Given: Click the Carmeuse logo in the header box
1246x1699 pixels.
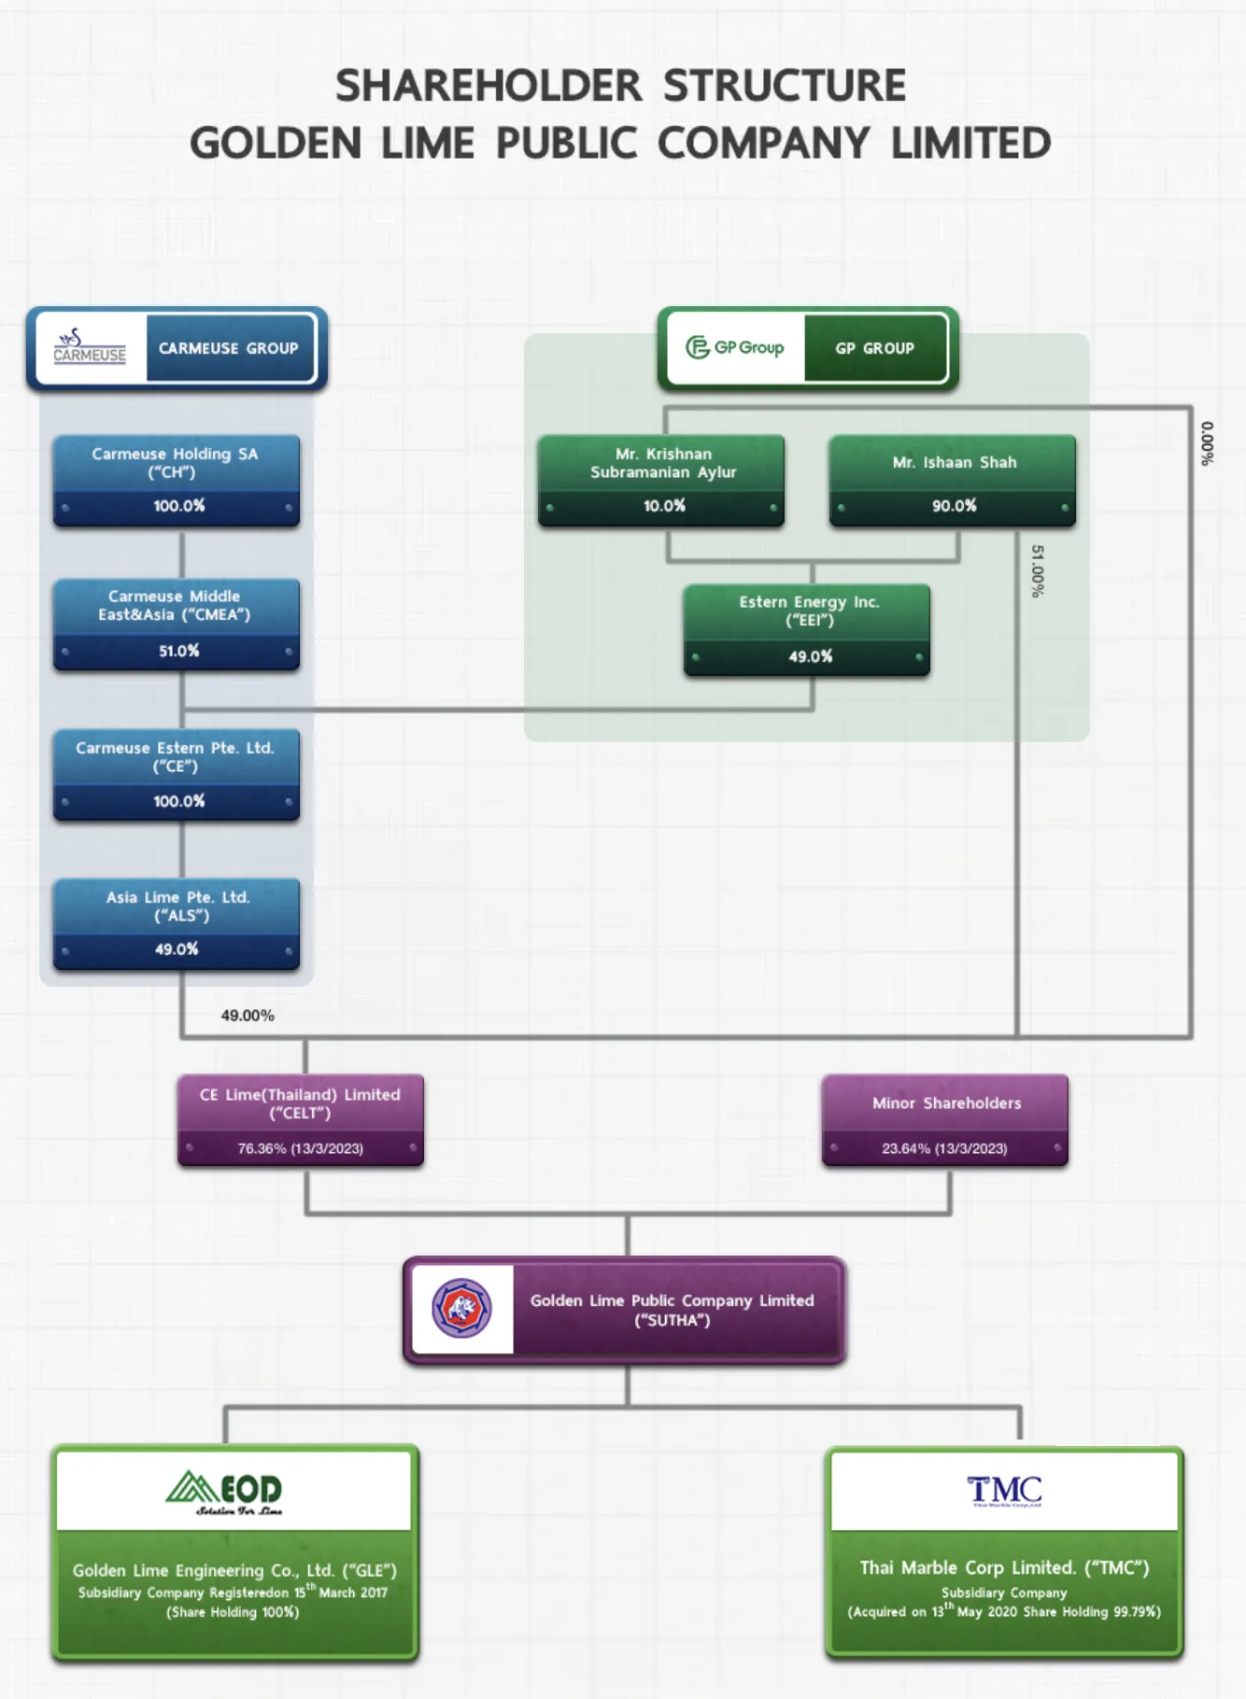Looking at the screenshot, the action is coord(90,346).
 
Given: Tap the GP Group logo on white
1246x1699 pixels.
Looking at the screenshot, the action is coord(735,347).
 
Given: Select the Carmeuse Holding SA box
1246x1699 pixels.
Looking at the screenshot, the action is coord(177,481).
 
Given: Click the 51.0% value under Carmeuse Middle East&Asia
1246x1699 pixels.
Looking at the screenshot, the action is coord(178,651).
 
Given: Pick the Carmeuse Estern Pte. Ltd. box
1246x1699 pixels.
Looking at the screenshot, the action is coord(177,775).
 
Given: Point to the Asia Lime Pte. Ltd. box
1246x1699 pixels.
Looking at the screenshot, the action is coord(177,924).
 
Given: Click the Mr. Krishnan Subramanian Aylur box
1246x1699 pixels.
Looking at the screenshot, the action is coord(661,481).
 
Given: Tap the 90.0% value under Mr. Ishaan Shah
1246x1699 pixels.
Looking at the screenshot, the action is coord(954,505).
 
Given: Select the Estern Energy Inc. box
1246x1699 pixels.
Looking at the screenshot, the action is coord(807,630).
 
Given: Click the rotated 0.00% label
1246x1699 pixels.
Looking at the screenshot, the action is coord(1207,443).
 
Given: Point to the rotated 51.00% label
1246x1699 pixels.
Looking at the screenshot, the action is coord(1037,571).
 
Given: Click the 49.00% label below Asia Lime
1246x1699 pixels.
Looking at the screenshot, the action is coord(248,1016).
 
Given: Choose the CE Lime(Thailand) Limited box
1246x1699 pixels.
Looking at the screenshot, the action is coord(301,1120).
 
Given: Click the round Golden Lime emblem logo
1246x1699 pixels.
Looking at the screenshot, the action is coord(461,1308).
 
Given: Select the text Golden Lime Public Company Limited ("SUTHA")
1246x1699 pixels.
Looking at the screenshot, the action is coord(673,1310).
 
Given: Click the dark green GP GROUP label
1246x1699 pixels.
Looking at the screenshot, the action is coord(875,348).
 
